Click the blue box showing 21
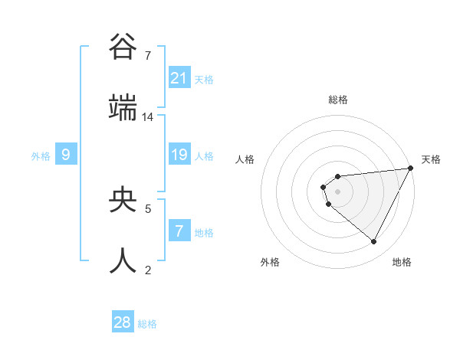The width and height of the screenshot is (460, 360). (x=179, y=77)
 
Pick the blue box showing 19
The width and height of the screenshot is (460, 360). (x=179, y=155)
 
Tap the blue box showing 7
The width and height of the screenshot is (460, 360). (x=179, y=231)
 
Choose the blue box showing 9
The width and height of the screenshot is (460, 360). (x=66, y=155)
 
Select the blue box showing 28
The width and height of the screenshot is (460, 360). (x=123, y=322)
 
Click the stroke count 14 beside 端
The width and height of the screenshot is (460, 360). (x=148, y=117)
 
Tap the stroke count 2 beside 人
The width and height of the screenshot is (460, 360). (x=148, y=270)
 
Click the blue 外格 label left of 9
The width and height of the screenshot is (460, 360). (x=40, y=155)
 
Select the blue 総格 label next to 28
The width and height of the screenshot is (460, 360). (x=147, y=323)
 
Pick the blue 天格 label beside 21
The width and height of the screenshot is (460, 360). (x=203, y=78)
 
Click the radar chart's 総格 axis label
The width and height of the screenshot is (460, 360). (x=338, y=100)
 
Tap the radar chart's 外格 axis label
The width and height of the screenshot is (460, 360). (x=270, y=262)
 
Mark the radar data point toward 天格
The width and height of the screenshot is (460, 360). (x=412, y=168)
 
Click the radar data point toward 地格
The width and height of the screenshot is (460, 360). (x=373, y=241)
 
